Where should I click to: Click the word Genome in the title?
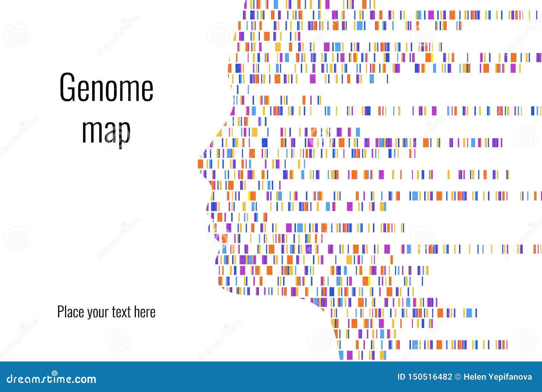click(106, 87)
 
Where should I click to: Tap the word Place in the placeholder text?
click(71, 312)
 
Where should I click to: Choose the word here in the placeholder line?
click(145, 312)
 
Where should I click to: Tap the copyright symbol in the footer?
click(458, 377)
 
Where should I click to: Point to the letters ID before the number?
click(401, 377)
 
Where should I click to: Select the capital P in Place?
click(61, 312)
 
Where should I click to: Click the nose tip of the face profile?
click(200, 164)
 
